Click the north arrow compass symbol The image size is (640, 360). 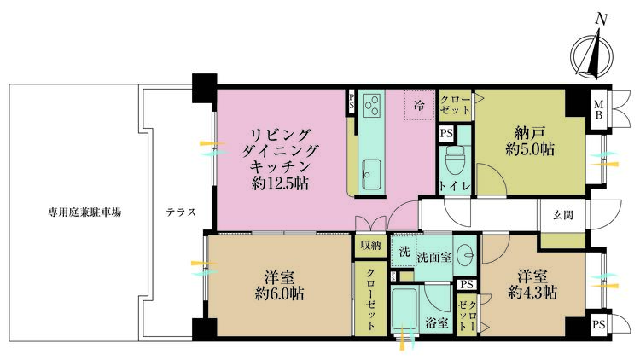pyautogui.click(x=592, y=56)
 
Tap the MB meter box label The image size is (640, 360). pyautogui.click(x=599, y=109)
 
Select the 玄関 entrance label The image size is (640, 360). pyautogui.click(x=563, y=215)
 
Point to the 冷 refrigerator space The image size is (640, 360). pyautogui.click(x=419, y=105)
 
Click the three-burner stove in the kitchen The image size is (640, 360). pyautogui.click(x=372, y=104)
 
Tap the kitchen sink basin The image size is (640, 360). pyautogui.click(x=371, y=174)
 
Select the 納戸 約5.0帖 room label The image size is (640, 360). pyautogui.click(x=530, y=141)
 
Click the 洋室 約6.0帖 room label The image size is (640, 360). pyautogui.click(x=279, y=285)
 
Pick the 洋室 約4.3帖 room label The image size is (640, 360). pyautogui.click(x=532, y=284)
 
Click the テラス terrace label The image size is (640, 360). pyautogui.click(x=181, y=212)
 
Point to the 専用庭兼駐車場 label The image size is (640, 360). pyautogui.click(x=84, y=212)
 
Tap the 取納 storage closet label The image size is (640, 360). pyautogui.click(x=370, y=245)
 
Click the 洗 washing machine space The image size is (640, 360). pyautogui.click(x=404, y=252)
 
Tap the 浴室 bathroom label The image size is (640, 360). pyautogui.click(x=437, y=323)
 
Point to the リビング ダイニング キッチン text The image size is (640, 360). pyautogui.click(x=280, y=151)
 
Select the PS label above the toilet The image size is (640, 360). pyautogui.click(x=446, y=134)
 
